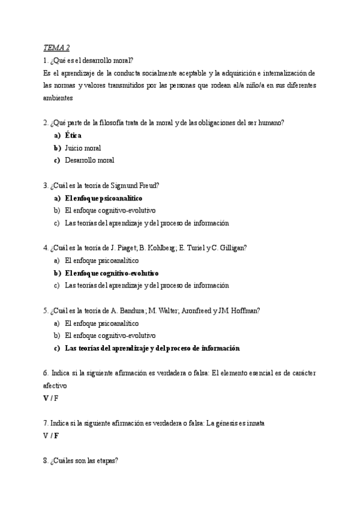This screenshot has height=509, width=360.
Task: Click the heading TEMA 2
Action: pos(56,48)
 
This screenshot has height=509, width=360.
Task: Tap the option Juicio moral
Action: pos(83,148)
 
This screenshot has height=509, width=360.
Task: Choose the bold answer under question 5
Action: pos(152,348)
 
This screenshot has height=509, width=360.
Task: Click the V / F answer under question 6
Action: pos(51,398)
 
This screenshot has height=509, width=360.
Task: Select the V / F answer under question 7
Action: pos(51,436)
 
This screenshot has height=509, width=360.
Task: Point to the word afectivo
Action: pos(55,385)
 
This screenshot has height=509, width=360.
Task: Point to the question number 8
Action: pos(46,461)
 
